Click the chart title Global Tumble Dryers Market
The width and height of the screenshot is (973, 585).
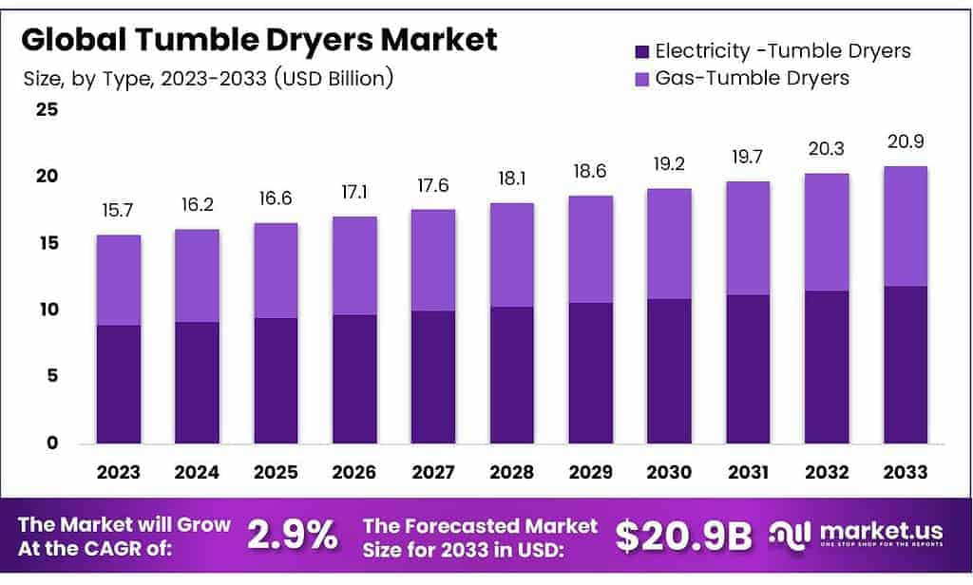click(259, 40)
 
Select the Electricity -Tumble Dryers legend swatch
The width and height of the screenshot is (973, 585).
click(639, 51)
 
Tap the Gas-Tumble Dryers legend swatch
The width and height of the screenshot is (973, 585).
click(639, 78)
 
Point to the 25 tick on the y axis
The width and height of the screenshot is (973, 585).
click(47, 110)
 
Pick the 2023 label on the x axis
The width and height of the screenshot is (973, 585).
click(118, 472)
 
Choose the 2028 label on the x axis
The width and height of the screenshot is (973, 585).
click(511, 472)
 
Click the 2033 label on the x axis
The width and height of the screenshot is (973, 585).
click(904, 472)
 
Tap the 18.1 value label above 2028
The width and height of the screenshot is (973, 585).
click(511, 178)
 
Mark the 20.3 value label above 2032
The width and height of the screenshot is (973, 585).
click(826, 148)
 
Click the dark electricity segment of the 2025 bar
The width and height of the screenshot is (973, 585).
click(276, 380)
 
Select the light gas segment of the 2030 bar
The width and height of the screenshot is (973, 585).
click(669, 244)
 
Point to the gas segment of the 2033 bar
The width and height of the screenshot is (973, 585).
click(904, 226)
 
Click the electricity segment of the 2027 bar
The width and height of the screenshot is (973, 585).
click(432, 376)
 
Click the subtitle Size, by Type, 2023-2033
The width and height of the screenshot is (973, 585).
click(208, 78)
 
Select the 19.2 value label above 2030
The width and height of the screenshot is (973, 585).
click(669, 163)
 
